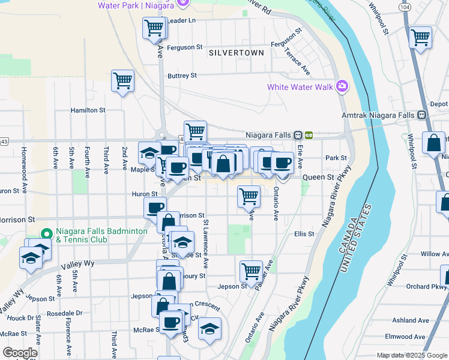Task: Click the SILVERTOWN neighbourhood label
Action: [x=237, y=53]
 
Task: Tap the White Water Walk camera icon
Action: [x=342, y=86]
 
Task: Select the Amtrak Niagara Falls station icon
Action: [x=422, y=115]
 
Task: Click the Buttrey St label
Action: [x=182, y=76]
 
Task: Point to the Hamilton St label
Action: [x=88, y=110]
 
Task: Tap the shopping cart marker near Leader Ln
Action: [x=154, y=28]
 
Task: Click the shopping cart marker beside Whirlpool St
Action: [x=420, y=38]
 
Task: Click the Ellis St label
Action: [x=304, y=234]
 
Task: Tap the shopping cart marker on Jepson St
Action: [x=250, y=271]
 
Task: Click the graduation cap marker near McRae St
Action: [x=209, y=329]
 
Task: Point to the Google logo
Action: [x=20, y=353]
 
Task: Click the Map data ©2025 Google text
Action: [x=412, y=355]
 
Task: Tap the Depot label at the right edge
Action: [x=439, y=104]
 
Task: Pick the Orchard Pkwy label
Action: [x=418, y=286]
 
